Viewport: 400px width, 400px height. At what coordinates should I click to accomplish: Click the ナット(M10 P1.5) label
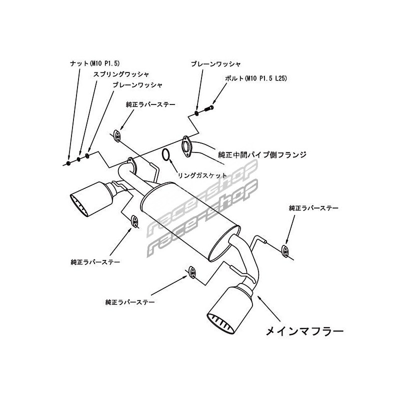point(94,63)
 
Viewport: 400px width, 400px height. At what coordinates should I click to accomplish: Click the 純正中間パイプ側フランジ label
point(262,154)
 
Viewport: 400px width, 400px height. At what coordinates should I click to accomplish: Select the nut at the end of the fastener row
point(68,163)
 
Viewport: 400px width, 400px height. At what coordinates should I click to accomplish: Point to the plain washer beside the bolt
point(197,112)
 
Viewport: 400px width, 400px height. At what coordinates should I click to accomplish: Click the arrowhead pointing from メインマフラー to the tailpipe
point(259,296)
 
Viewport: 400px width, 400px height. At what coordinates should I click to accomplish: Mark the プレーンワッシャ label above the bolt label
point(216,64)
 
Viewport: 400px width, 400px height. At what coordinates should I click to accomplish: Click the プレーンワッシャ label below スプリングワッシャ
point(137,85)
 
